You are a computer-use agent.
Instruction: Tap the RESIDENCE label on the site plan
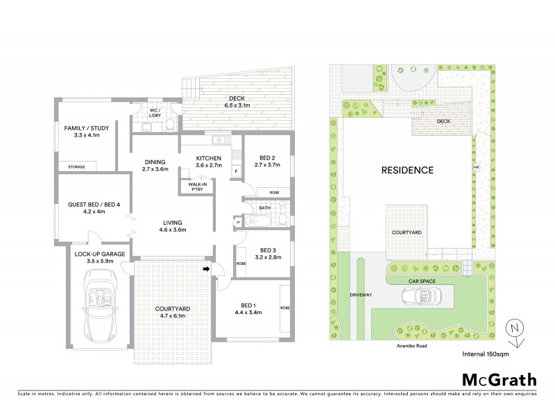pyautogui.click(x=406, y=170)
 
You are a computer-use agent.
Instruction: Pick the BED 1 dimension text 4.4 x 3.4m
pyautogui.click(x=247, y=313)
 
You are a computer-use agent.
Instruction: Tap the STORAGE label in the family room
pyautogui.click(x=77, y=167)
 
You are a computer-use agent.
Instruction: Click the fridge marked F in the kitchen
pyautogui.click(x=237, y=170)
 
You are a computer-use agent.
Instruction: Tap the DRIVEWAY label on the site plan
pyautogui.click(x=360, y=295)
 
